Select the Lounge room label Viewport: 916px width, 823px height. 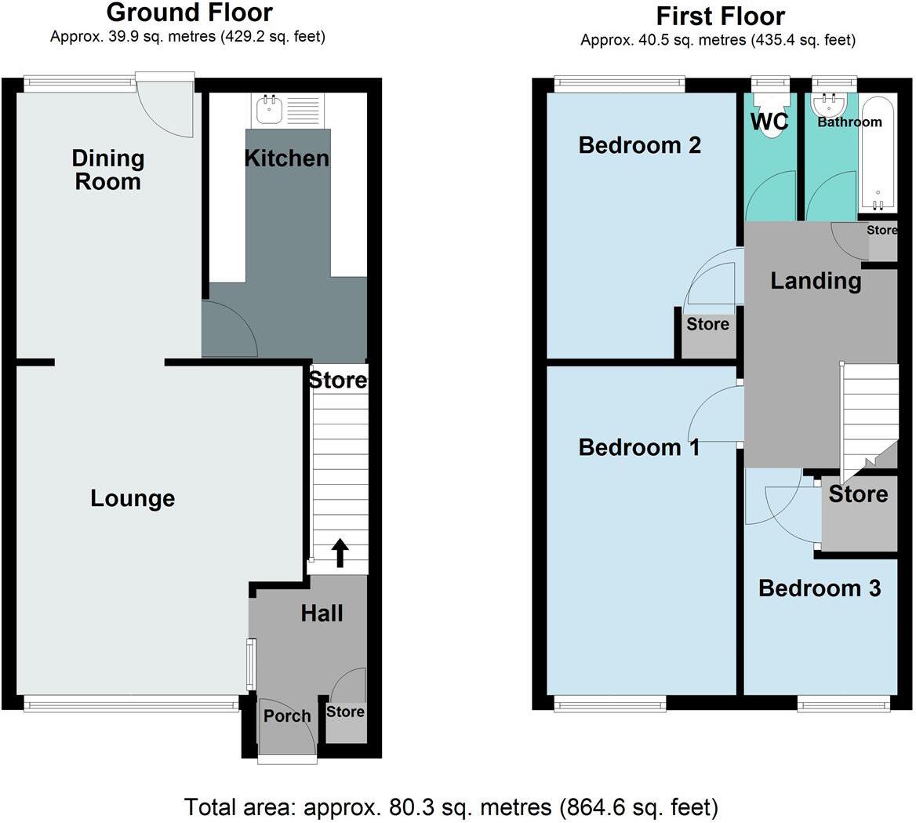pos(133,498)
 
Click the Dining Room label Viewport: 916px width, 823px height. pos(107,169)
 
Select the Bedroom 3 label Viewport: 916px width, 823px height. pos(820,588)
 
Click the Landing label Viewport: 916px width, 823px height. pos(816,280)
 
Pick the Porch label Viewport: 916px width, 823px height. pos(287,716)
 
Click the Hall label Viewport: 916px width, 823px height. pos(322,613)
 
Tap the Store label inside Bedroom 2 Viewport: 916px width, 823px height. pos(707,324)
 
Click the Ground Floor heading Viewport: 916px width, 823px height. pos(189,13)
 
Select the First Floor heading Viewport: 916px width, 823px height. pos(720,16)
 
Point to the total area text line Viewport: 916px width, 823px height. pos(451,807)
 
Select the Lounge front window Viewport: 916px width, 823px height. pos(131,705)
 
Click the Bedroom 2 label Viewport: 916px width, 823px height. pos(639,145)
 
